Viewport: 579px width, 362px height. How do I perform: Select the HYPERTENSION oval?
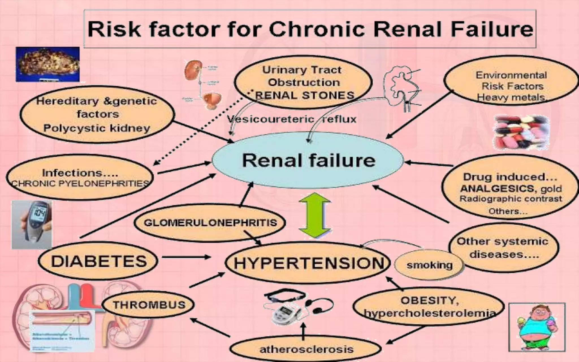tap(308, 263)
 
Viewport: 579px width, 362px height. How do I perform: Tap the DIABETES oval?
tap(98, 261)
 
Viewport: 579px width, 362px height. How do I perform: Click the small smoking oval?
tap(429, 265)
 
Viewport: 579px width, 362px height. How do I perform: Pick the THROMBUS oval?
tap(148, 305)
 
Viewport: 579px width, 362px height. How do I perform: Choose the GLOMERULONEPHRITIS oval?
tap(210, 223)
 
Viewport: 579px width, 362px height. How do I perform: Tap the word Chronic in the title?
tap(317, 29)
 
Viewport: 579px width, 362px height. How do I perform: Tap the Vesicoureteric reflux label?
tap(292, 119)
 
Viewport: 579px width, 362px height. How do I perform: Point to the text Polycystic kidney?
tap(97, 128)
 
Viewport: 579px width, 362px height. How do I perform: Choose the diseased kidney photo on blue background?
tap(47, 64)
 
